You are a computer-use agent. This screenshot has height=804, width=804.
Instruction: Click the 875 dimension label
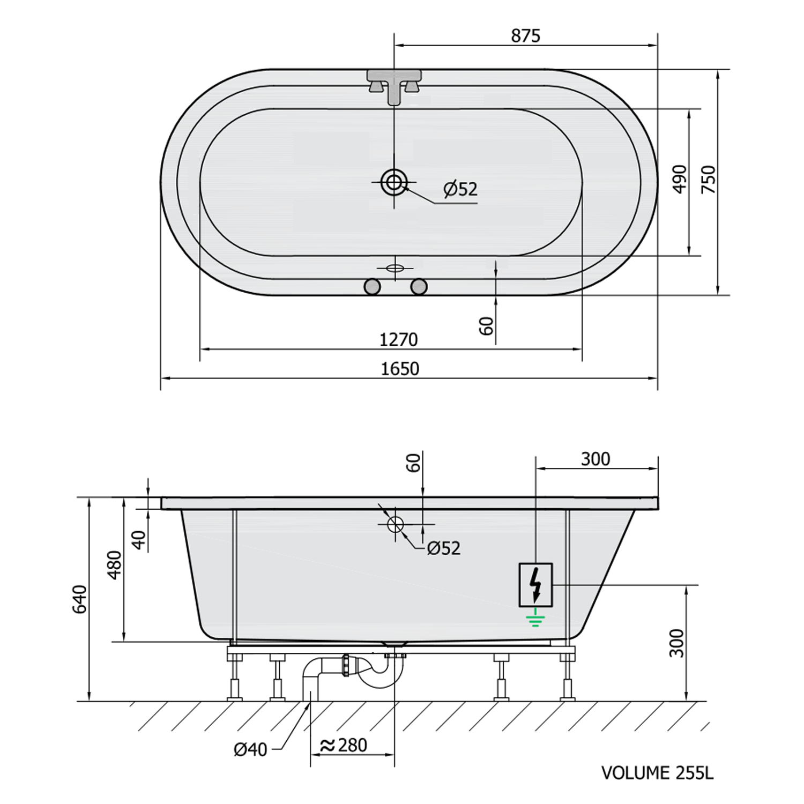point(525,36)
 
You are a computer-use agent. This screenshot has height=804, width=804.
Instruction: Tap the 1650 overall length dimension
point(400,369)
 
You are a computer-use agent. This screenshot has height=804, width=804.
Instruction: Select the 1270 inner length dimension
point(398,340)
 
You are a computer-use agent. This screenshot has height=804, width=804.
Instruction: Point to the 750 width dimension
point(708,180)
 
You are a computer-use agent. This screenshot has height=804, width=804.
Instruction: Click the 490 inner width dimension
point(679,180)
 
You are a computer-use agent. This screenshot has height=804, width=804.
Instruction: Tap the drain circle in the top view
point(394,182)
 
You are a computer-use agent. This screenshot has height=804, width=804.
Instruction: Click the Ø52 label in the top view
point(460,189)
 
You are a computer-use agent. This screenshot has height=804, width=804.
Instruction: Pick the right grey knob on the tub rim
point(419,287)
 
